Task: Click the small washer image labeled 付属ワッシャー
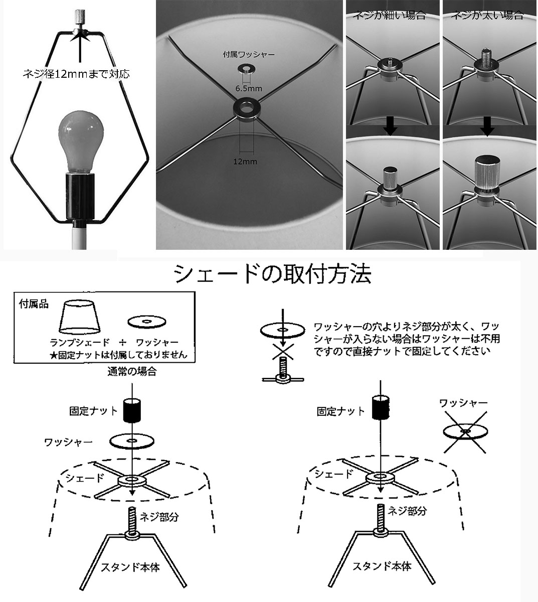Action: point(246,68)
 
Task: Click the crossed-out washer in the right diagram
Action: point(465,431)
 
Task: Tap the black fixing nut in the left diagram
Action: point(132,410)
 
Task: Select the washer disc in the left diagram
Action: point(131,441)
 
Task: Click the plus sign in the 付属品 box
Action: point(122,343)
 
